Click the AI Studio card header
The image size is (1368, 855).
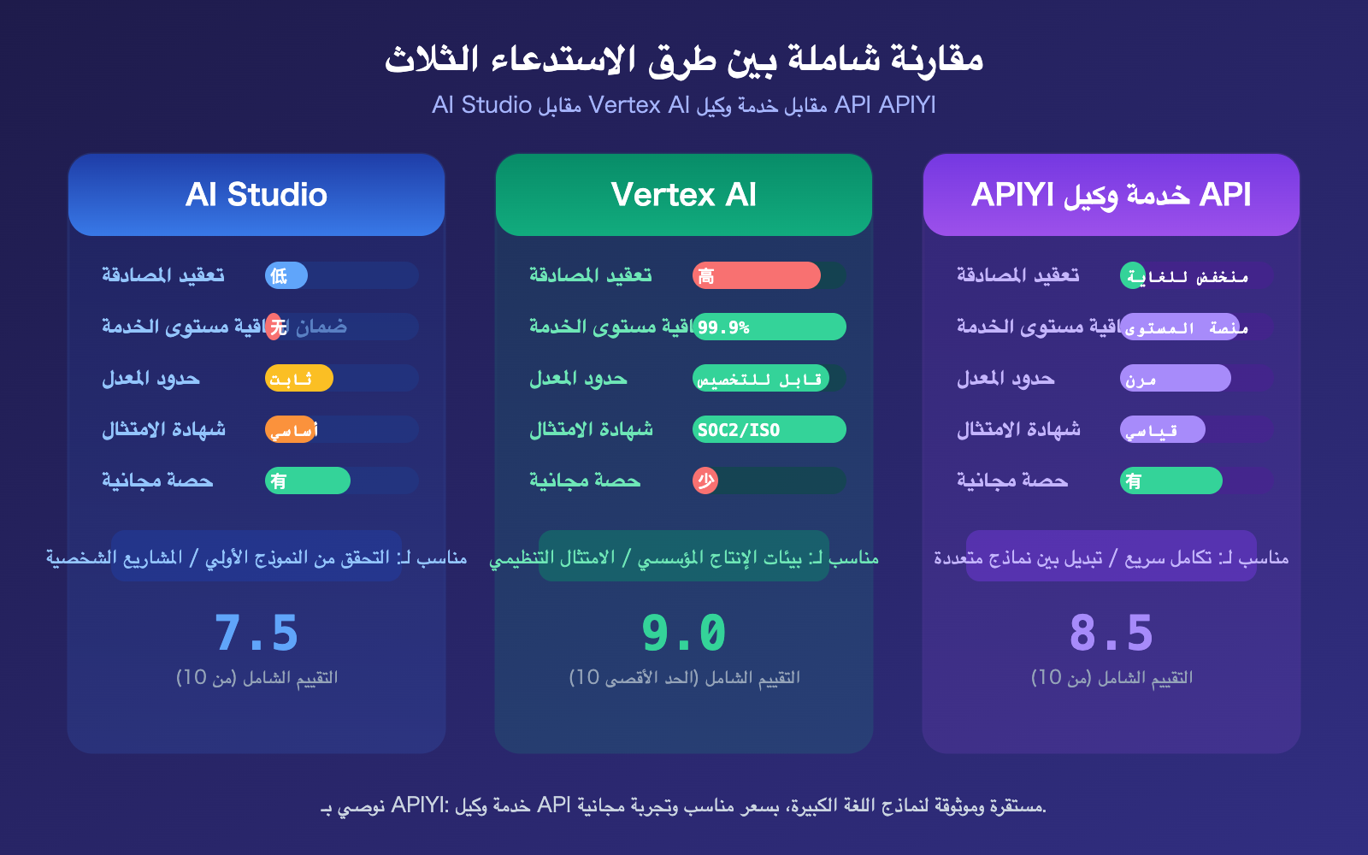(256, 195)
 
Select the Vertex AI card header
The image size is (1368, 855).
(684, 195)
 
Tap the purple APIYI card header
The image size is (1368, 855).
(1111, 195)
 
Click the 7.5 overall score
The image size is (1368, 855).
(256, 634)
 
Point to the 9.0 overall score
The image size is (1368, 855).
(684, 634)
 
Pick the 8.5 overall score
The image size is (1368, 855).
(1111, 634)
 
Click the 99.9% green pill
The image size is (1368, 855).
(769, 327)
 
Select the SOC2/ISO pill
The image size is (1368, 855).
(769, 429)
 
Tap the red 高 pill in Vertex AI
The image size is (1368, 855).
(756, 275)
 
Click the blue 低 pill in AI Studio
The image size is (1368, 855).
(286, 275)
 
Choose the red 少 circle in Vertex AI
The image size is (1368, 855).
(705, 481)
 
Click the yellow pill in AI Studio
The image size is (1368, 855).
(298, 378)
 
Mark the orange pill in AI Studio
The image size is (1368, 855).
(291, 429)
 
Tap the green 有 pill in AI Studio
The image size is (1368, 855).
(307, 481)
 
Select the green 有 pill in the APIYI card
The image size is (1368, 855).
(1170, 481)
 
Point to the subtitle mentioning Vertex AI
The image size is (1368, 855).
(684, 105)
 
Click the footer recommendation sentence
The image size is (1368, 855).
(684, 805)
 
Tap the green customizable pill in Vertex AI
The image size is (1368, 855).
(760, 378)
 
